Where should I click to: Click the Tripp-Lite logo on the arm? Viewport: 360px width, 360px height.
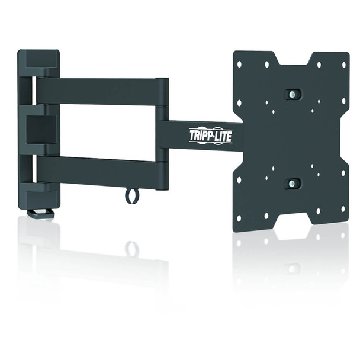click(x=210, y=136)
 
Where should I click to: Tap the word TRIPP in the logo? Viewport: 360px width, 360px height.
click(x=200, y=136)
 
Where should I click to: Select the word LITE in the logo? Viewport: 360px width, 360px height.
click(x=223, y=136)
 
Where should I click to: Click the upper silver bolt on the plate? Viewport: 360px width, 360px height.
click(x=292, y=95)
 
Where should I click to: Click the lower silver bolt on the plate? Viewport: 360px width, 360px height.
click(x=291, y=184)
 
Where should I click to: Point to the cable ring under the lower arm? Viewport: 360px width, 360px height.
click(x=132, y=195)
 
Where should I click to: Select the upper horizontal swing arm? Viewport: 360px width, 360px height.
click(x=98, y=90)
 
